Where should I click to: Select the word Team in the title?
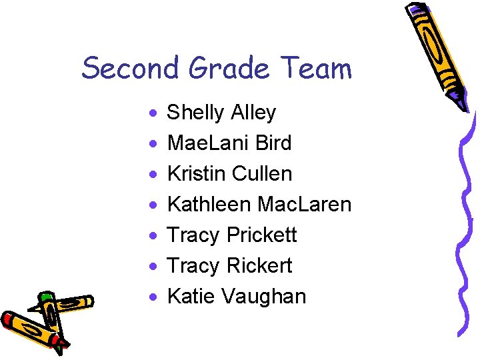click(x=316, y=68)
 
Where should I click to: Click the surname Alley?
click(x=253, y=113)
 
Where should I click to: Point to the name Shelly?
click(x=195, y=113)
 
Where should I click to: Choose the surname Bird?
click(x=273, y=143)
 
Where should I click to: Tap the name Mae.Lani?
click(x=207, y=143)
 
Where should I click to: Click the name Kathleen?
click(x=209, y=205)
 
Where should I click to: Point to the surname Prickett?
click(x=261, y=235)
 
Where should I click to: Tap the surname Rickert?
click(x=259, y=266)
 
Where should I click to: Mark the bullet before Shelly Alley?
click(x=153, y=114)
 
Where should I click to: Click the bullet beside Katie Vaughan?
click(x=153, y=297)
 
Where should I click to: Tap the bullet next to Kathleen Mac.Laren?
click(x=153, y=206)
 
